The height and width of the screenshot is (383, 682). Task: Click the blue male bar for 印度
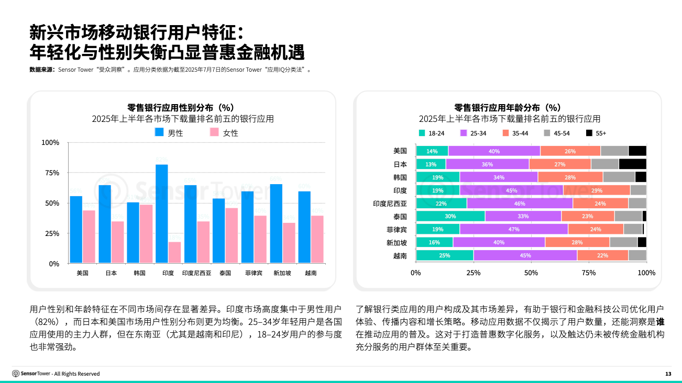tap(162, 214)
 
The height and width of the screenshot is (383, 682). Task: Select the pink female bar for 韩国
tap(146, 234)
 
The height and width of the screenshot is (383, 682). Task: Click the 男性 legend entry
tap(169, 133)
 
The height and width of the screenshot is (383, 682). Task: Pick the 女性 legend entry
tap(224, 133)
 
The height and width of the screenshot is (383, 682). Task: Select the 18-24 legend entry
tap(432, 133)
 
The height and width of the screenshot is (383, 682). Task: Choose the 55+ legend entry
tap(596, 133)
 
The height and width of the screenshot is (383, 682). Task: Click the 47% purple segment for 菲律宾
tap(514, 229)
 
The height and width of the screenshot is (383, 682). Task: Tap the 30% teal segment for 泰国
tap(450, 216)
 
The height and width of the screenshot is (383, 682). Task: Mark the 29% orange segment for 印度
tap(597, 190)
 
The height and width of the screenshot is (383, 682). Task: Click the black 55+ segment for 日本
tap(632, 164)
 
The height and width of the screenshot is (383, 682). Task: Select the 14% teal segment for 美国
tap(432, 151)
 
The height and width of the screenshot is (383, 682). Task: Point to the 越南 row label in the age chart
tap(400, 256)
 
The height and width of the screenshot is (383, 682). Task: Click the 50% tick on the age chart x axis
tap(531, 273)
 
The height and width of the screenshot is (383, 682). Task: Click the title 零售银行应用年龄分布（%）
tap(509, 107)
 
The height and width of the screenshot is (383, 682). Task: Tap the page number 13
tap(668, 374)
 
